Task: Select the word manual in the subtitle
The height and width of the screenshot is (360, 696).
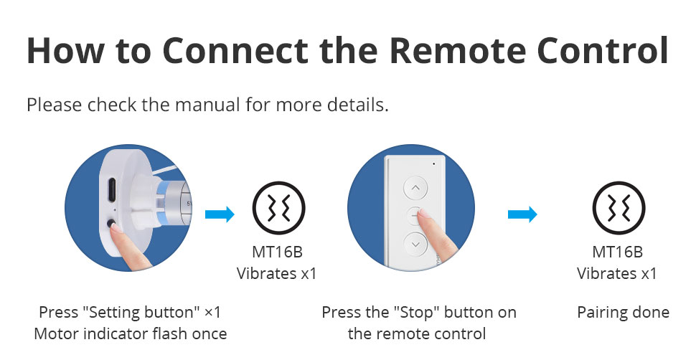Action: pyautogui.click(x=208, y=105)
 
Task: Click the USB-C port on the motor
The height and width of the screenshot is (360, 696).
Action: pyautogui.click(x=111, y=189)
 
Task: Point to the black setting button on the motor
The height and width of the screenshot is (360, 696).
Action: pyautogui.click(x=111, y=223)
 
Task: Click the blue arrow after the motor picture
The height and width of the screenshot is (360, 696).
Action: pyautogui.click(x=220, y=214)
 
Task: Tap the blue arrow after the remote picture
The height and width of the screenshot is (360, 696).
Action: pyautogui.click(x=522, y=214)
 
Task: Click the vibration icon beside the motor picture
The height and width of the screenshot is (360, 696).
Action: pyautogui.click(x=278, y=208)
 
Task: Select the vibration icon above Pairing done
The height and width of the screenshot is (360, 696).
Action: pyautogui.click(x=619, y=208)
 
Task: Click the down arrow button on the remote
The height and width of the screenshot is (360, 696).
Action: pyautogui.click(x=415, y=244)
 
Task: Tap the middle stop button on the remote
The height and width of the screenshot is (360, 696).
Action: pyautogui.click(x=415, y=216)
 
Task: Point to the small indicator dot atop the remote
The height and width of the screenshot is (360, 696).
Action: pyautogui.click(x=433, y=164)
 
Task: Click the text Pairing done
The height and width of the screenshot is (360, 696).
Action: pyautogui.click(x=624, y=313)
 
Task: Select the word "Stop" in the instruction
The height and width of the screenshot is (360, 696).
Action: pyautogui.click(x=420, y=313)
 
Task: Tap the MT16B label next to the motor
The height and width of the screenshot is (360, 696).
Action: pyautogui.click(x=277, y=252)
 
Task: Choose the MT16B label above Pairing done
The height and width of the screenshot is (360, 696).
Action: pyautogui.click(x=618, y=252)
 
